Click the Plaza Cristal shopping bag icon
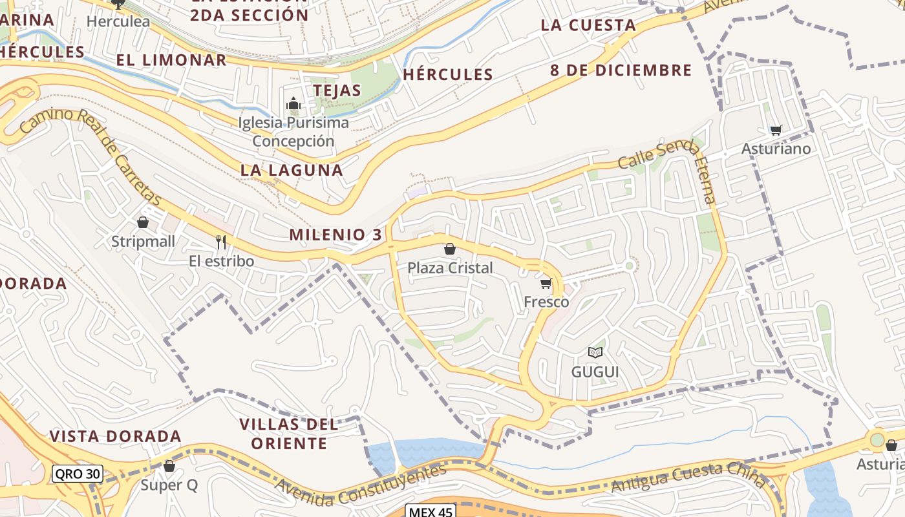(450, 249)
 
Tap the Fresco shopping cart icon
(546, 283)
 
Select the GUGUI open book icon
(595, 352)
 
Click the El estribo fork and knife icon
(221, 242)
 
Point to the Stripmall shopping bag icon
(143, 222)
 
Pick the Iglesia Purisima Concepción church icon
(293, 103)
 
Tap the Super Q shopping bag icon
(169, 465)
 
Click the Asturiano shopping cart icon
(776, 130)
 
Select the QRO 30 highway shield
(78, 474)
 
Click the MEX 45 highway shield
(431, 511)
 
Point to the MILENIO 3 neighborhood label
(335, 235)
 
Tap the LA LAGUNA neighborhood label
(292, 170)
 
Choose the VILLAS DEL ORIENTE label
(289, 434)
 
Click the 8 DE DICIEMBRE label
(621, 70)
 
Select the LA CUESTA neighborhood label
(588, 25)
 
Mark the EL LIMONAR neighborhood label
(171, 60)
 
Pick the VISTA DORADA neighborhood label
(116, 436)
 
